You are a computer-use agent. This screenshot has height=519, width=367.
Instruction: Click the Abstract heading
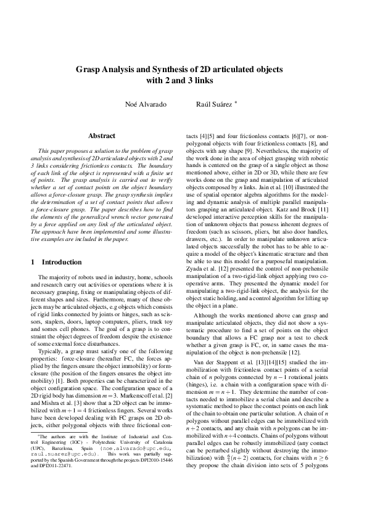click(102, 135)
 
